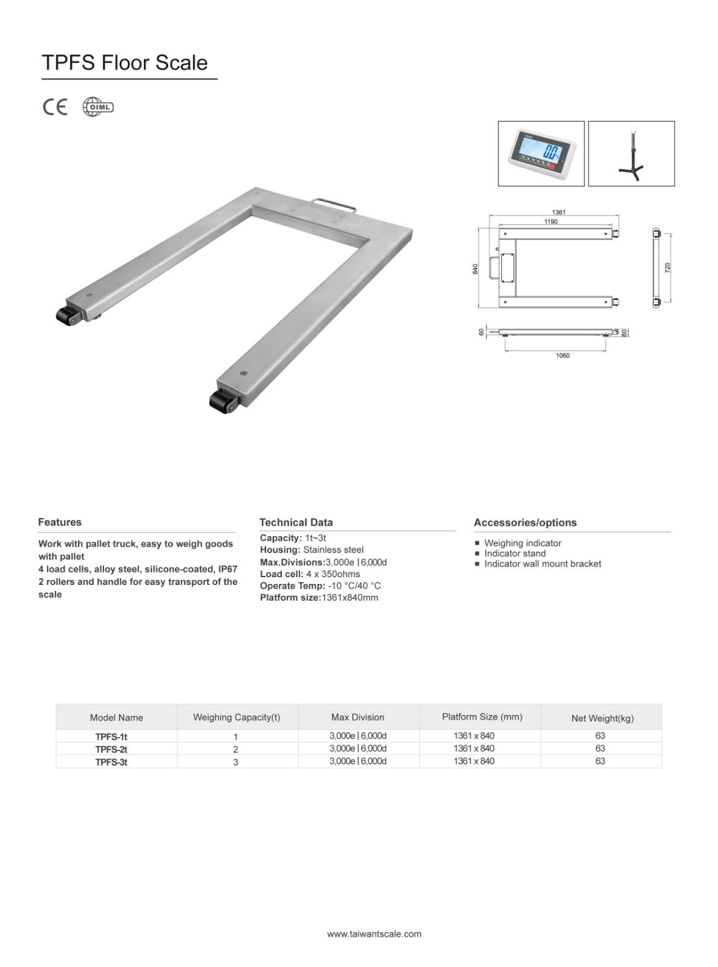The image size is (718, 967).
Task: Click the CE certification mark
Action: coord(55,107)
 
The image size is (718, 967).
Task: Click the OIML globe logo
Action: coord(98,107)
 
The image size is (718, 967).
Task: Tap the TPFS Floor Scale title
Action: coord(125,63)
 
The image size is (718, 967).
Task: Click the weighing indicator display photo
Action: coord(541,154)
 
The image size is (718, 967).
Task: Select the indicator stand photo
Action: coord(631,154)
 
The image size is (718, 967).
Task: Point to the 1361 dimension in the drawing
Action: coord(558,212)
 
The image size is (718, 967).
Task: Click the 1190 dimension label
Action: coord(550,222)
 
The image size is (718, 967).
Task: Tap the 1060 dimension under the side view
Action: coord(563,355)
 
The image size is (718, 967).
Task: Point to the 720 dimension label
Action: coord(668,267)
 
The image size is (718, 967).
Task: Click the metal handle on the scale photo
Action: coord(333,203)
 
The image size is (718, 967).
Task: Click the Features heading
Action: coord(60,522)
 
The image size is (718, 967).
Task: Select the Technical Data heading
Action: coord(296,522)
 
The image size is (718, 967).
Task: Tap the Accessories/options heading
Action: coord(525,523)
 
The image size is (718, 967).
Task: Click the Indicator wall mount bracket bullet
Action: coord(543,564)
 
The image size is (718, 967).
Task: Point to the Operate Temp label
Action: coord(292,586)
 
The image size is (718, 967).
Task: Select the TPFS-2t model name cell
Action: coord(111,749)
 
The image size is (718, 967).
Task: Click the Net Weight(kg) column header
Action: coord(602,718)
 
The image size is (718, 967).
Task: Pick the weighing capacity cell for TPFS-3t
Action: coord(235,762)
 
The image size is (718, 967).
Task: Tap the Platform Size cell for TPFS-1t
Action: coord(474,736)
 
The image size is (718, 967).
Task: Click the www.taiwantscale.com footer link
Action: coord(374,934)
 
